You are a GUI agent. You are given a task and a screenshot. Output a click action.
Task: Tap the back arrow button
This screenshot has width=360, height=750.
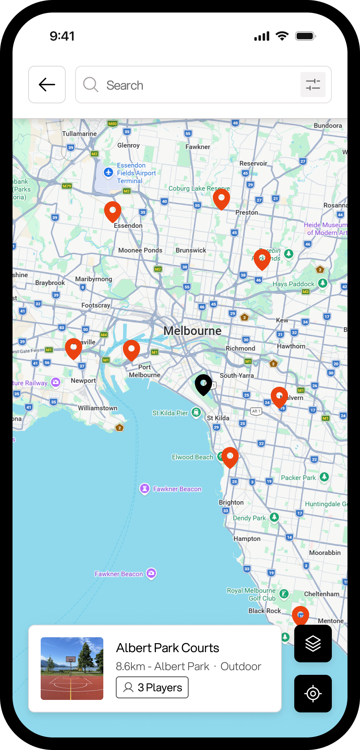coord(47,85)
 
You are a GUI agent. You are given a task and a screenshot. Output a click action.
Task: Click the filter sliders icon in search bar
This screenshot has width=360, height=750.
coord(313,85)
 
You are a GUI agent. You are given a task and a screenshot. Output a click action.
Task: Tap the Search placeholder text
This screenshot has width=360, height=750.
coord(125,85)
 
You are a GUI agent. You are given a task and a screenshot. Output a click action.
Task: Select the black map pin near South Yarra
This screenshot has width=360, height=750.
coord(203,384)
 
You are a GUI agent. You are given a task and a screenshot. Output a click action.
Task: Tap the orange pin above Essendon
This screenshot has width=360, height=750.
coord(113,211)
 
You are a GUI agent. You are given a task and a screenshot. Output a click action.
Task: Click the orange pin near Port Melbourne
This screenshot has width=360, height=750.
coord(131,350)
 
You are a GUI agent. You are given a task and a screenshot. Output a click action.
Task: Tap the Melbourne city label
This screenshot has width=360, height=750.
coord(192,331)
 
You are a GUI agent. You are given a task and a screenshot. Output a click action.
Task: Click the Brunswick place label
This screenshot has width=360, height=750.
coord(191,250)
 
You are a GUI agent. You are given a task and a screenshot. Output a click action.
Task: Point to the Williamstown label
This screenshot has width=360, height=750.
coord(97,408)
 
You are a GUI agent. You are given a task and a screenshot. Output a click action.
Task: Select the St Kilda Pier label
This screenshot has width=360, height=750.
coord(170,413)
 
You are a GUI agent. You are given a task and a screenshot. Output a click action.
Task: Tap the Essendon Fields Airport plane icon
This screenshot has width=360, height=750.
coord(108,172)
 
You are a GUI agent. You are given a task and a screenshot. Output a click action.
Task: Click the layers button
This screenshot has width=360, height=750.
coord(313,644)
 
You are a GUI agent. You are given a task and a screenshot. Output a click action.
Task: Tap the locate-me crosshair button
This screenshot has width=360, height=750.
coord(313,694)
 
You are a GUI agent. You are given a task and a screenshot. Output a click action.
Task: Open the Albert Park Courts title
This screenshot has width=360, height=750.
coord(167,648)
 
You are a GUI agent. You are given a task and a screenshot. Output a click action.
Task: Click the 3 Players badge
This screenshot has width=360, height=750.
coord(152,687)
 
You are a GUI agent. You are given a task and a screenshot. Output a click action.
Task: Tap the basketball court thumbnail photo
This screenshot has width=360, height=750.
coord(72,669)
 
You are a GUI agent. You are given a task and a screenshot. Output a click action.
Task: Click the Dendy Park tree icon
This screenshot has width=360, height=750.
coord(274,517)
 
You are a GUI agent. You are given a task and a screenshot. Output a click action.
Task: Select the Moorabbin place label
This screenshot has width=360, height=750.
coord(325,553)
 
